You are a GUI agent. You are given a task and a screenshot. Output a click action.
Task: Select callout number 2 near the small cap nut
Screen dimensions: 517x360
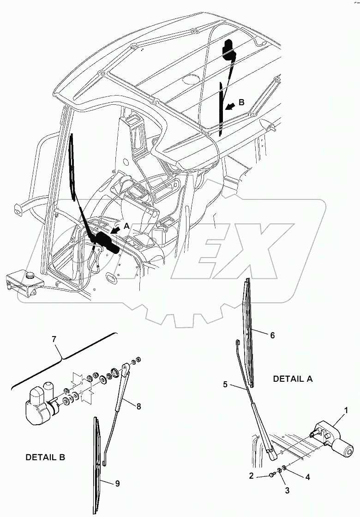[251, 475]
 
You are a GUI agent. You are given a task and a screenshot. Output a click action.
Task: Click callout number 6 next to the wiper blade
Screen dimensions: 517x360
[272, 335]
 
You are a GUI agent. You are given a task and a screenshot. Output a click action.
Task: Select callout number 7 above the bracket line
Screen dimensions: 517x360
[54, 339]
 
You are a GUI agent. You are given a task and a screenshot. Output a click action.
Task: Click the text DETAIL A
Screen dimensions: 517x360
[293, 379]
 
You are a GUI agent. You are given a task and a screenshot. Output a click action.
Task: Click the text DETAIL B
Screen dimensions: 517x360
[45, 457]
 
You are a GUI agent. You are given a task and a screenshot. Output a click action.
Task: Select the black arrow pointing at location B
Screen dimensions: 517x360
[230, 107]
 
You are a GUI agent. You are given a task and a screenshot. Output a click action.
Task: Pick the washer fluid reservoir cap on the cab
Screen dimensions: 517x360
[30, 275]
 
